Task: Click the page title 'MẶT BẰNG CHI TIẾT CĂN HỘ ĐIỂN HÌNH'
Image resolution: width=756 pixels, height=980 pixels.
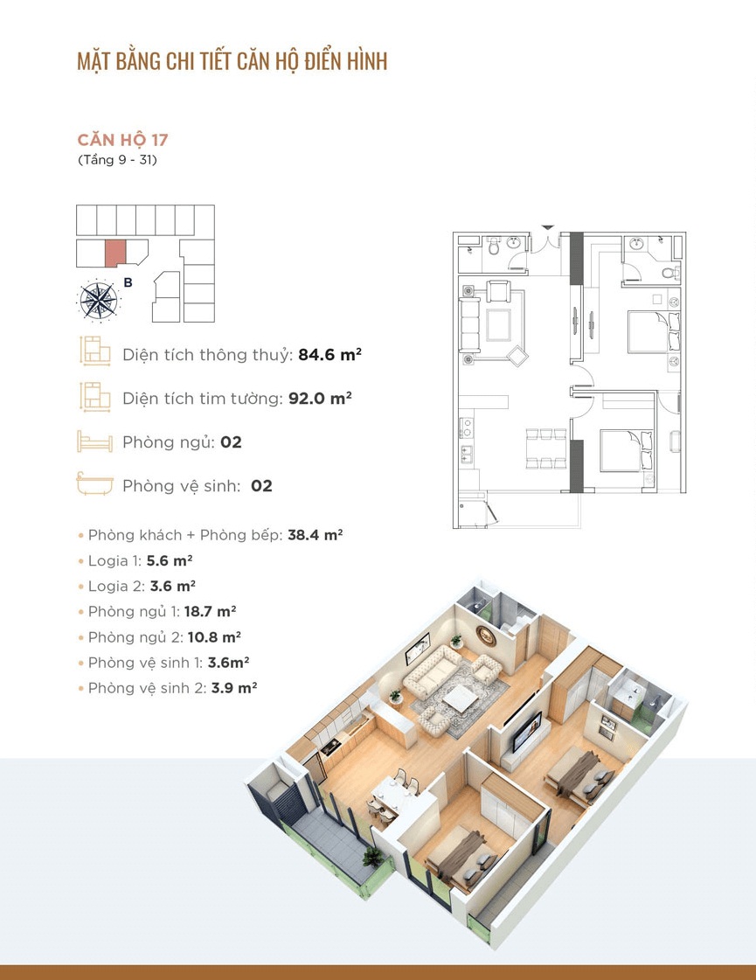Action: click(x=232, y=61)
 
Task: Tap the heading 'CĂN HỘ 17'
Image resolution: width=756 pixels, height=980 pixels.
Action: click(x=122, y=139)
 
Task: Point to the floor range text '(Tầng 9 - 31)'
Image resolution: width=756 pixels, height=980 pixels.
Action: click(x=117, y=160)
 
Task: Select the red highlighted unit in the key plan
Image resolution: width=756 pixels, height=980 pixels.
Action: click(x=115, y=254)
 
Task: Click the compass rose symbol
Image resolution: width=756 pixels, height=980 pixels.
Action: click(x=99, y=301)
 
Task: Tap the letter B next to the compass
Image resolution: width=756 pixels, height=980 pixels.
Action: click(x=128, y=282)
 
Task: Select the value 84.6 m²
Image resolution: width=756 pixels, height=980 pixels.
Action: click(x=329, y=354)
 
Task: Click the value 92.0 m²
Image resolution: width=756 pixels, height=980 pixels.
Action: click(x=320, y=398)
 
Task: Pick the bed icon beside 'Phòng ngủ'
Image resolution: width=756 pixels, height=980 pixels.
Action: click(x=95, y=441)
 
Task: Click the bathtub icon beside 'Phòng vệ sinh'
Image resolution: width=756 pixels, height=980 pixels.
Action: click(x=95, y=483)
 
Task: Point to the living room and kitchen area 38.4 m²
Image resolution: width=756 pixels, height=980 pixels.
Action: click(x=315, y=535)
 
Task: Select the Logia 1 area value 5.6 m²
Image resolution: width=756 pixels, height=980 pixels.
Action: click(x=170, y=560)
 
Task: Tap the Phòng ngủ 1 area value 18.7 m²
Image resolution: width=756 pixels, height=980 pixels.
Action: click(x=210, y=611)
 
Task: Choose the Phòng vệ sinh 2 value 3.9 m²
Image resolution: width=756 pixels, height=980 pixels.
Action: click(x=234, y=687)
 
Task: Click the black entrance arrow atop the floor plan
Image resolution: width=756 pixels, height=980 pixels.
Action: click(x=547, y=227)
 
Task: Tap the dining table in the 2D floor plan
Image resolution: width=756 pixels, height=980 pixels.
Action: click(x=546, y=448)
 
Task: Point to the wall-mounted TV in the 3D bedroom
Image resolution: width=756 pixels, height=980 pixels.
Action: click(x=528, y=731)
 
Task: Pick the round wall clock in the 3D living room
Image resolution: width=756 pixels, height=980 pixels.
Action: click(x=486, y=635)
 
